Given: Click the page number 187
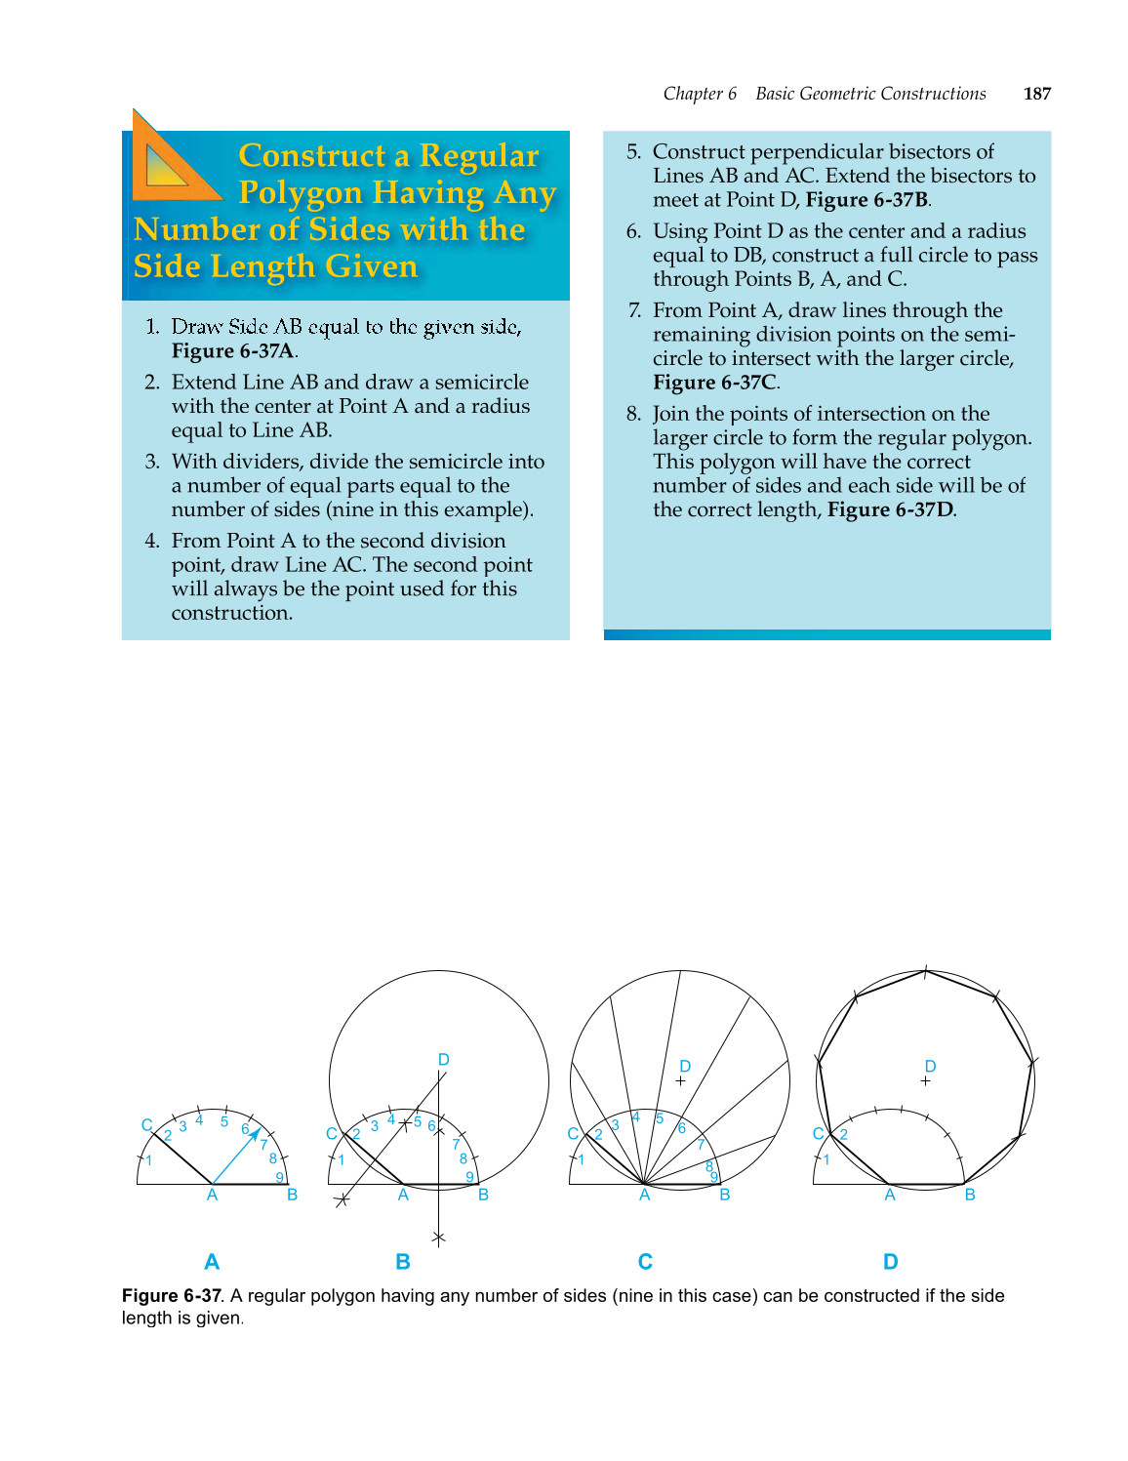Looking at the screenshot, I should (1036, 94).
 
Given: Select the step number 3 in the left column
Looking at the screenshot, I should (152, 462).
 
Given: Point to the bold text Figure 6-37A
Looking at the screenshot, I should (233, 351).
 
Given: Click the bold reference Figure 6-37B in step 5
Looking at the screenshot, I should (866, 200).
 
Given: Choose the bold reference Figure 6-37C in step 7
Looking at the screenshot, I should (714, 383).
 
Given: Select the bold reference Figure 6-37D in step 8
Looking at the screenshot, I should (890, 509).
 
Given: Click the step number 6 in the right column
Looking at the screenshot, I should (633, 231).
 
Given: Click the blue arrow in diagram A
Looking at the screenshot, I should (237, 1156).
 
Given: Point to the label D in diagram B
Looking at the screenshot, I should (443, 1060).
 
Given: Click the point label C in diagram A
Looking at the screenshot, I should (146, 1125).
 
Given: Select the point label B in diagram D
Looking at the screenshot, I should (970, 1196).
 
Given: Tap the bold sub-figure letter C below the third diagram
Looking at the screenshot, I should (645, 1262).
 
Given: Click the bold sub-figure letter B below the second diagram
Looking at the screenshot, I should (403, 1262).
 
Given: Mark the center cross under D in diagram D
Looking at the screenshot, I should (925, 1081).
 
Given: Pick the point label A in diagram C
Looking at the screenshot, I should (644, 1196).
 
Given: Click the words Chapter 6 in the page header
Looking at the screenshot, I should (700, 94).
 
